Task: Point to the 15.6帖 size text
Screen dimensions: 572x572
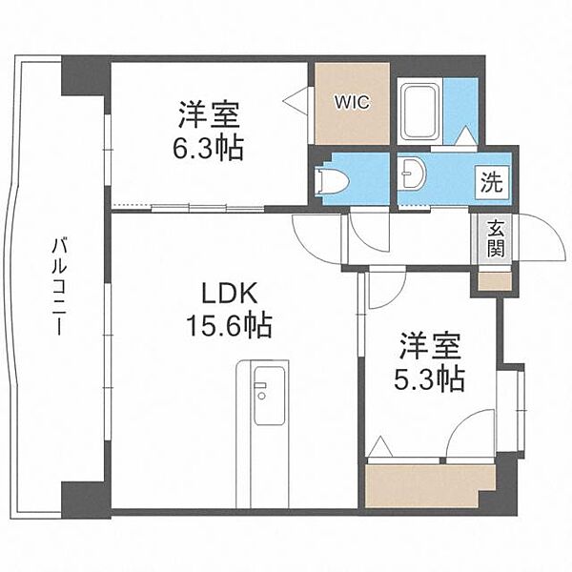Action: point(229,327)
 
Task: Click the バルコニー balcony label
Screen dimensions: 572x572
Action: point(58,286)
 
